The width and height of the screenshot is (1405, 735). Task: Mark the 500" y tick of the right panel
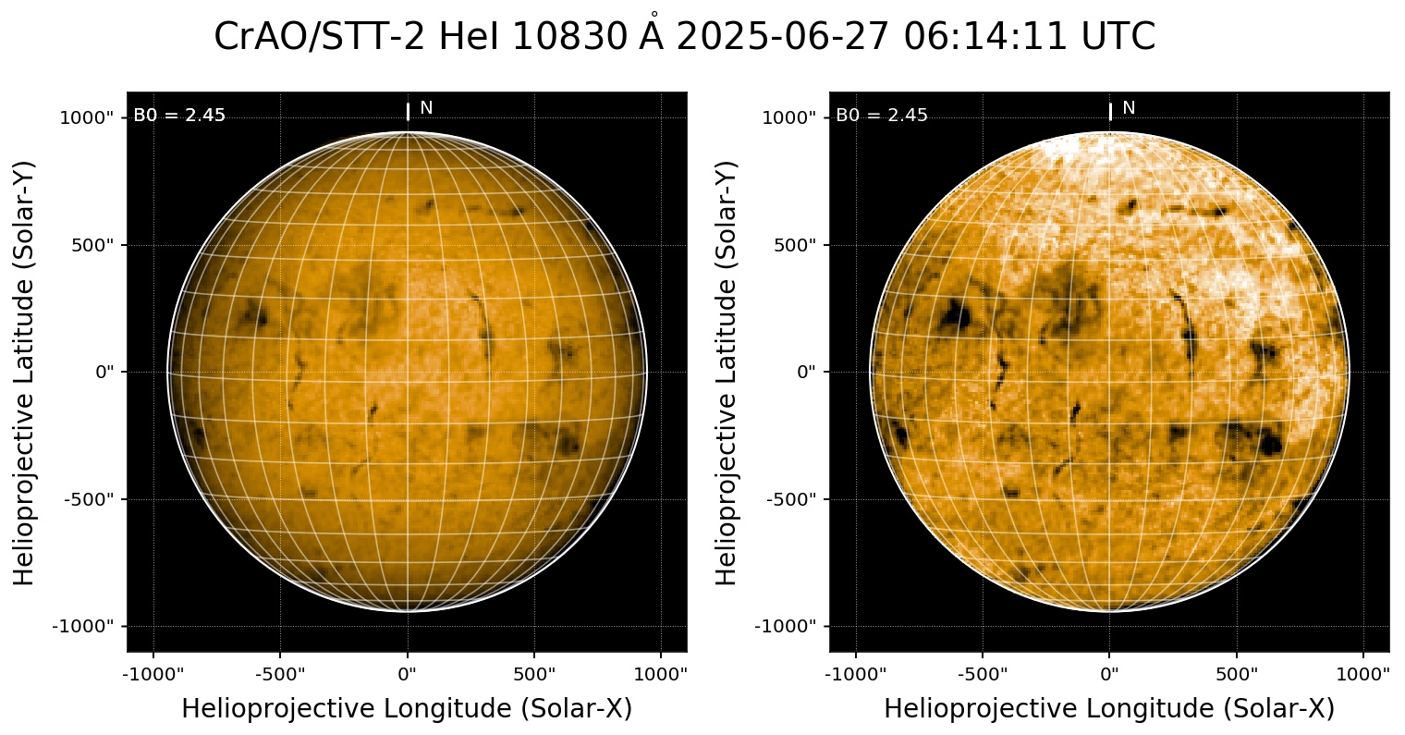pos(794,245)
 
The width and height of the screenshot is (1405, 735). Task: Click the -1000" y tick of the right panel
pos(787,627)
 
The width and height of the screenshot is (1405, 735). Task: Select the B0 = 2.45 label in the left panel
pos(179,116)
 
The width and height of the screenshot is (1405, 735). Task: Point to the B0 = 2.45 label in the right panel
pos(882,116)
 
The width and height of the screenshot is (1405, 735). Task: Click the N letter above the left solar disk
pos(426,108)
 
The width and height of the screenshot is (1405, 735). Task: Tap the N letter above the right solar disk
pos(1129,108)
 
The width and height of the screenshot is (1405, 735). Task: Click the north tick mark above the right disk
pos(1110,112)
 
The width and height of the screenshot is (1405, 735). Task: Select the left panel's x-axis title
pos(407,708)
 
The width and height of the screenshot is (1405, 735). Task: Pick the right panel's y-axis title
pos(727,373)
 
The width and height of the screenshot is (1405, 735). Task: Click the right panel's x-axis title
pos(1109,708)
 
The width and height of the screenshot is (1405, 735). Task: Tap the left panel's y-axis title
pos(25,373)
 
